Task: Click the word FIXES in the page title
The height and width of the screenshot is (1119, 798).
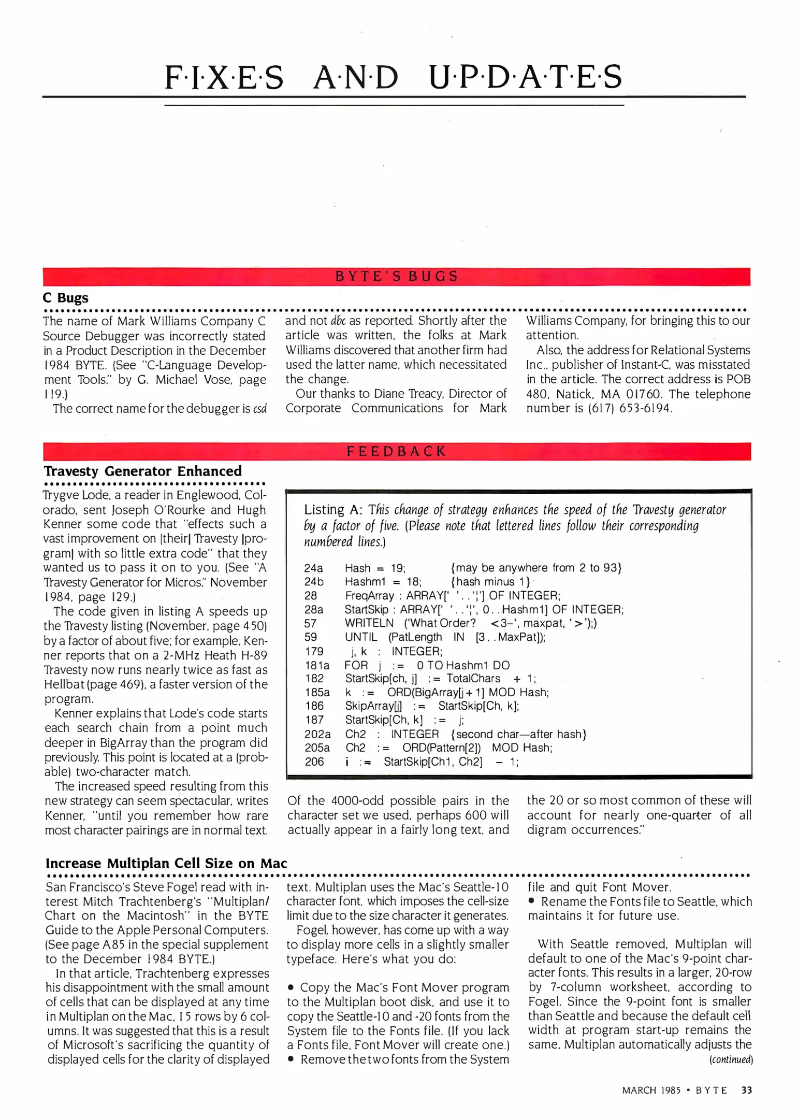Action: tap(224, 78)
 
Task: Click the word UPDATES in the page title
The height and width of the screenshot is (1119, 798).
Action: tap(526, 78)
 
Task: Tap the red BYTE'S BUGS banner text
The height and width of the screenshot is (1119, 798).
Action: tap(397, 276)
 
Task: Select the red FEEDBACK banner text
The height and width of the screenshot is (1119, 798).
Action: tap(397, 451)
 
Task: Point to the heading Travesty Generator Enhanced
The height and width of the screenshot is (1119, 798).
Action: tap(143, 471)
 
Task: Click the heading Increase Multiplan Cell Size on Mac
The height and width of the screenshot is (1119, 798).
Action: tap(166, 863)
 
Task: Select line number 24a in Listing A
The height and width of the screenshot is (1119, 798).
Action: tap(313, 568)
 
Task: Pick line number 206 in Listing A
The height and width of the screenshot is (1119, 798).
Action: tap(314, 762)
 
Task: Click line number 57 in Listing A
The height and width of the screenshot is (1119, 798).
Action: tap(310, 623)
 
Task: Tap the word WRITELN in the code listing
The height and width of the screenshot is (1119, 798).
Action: tap(369, 623)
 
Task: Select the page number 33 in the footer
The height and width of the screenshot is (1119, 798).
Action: tap(746, 1090)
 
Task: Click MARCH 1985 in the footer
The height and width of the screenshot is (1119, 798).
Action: tap(651, 1090)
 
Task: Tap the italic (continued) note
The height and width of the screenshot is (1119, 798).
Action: tap(731, 1059)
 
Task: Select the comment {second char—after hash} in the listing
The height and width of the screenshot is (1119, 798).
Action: tap(518, 734)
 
